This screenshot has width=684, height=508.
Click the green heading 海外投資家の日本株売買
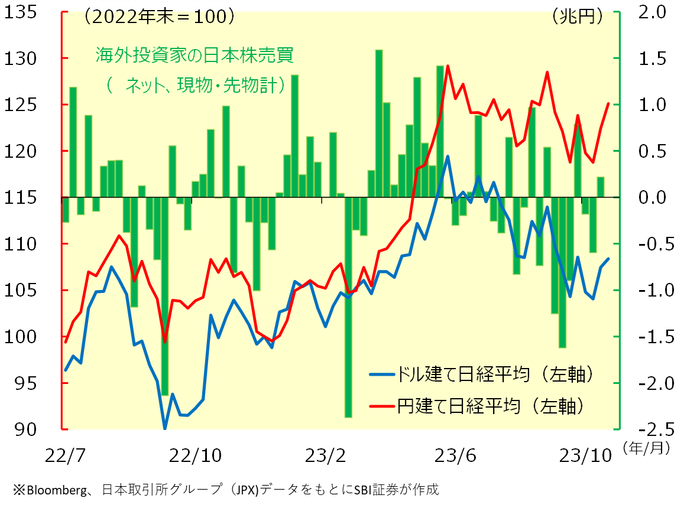pos(194,56)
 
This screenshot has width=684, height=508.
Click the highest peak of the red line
pos(448,66)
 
